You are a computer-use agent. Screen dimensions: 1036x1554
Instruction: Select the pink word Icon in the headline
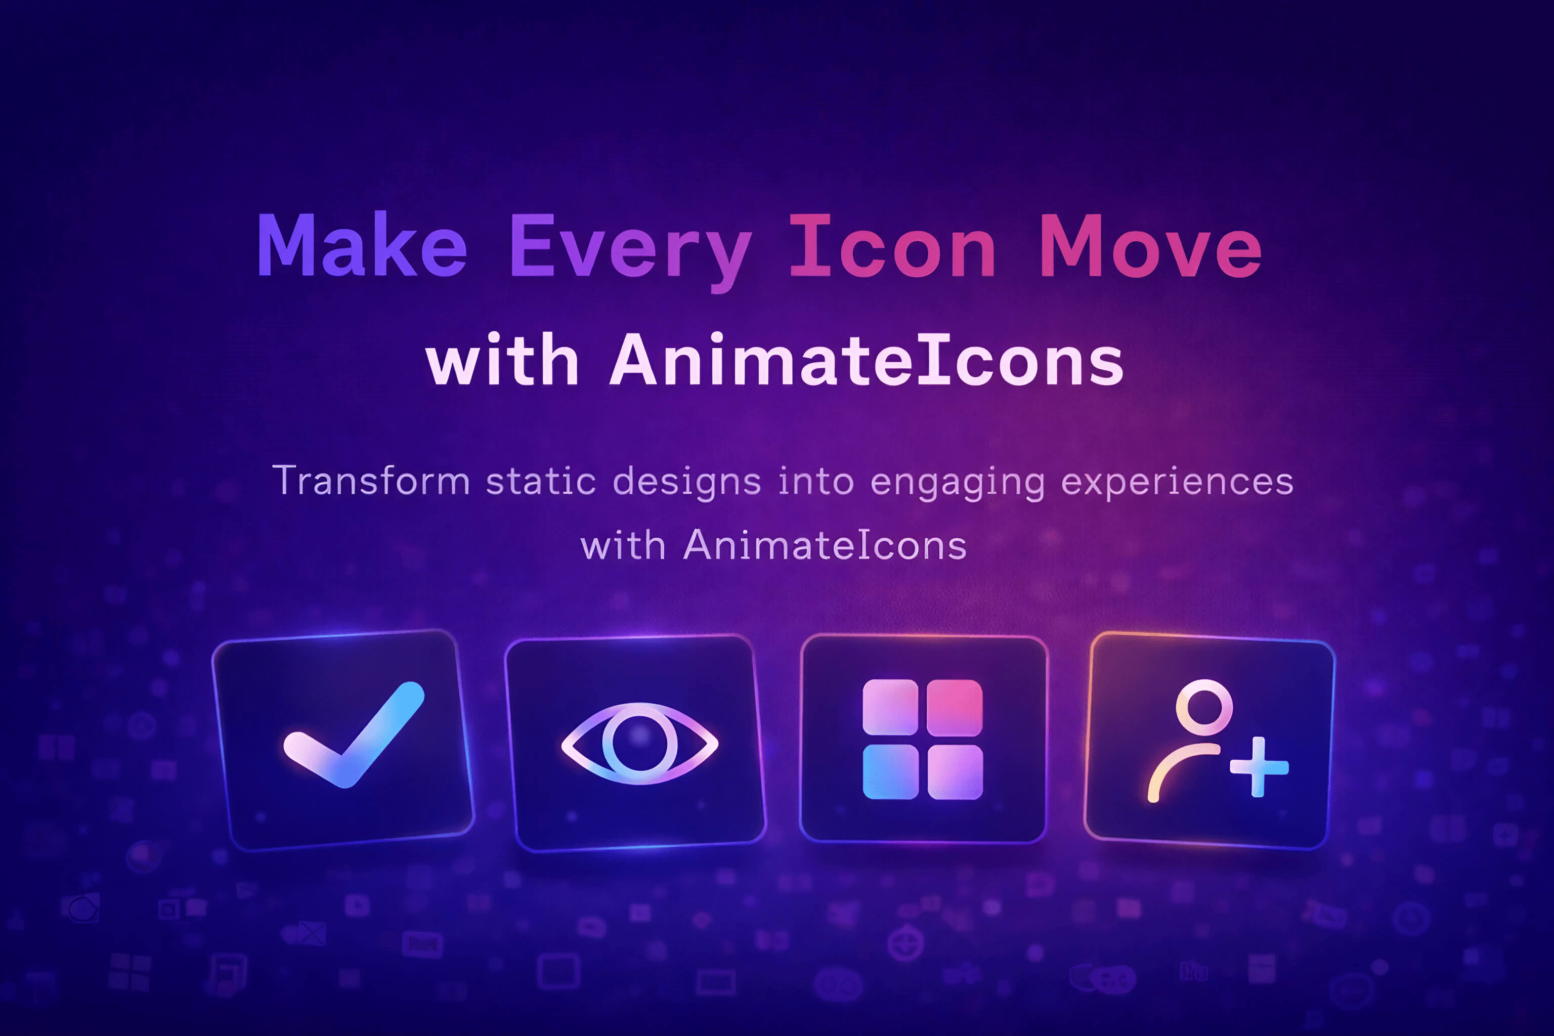[x=892, y=246]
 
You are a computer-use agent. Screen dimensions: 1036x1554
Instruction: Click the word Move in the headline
[x=1150, y=246]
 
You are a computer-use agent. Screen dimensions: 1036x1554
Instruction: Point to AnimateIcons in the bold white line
[x=866, y=360]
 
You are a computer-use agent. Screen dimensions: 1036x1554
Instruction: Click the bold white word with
[x=502, y=360]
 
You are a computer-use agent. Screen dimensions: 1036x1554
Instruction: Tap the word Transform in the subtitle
[x=371, y=481]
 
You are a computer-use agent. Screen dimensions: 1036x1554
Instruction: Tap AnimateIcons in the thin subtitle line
[x=825, y=546]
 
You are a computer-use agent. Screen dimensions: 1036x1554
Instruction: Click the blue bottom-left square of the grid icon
[x=890, y=772]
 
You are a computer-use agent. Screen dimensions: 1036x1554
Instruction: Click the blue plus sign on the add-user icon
[x=1258, y=767]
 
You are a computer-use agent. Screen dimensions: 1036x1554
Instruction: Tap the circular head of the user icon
[x=1204, y=707]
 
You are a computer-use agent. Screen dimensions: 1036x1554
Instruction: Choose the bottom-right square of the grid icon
[x=955, y=772]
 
